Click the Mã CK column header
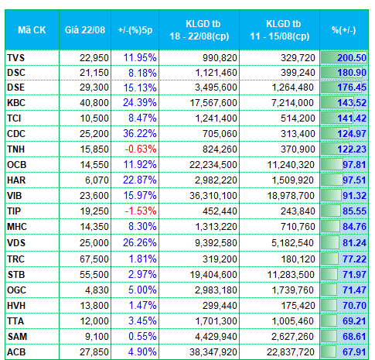pos(32,30)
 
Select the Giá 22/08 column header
pos(85,30)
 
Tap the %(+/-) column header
pos(344,30)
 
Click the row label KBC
pos(16,103)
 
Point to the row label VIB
pos(15,196)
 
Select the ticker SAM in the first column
pos(17,337)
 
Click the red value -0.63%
pos(141,149)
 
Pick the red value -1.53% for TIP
pos(141,211)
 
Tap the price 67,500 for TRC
pos(94,259)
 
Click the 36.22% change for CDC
pos(140,134)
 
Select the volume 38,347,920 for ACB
pos(213,352)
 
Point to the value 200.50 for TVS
pos(352,57)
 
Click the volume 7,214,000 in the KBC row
pos(292,103)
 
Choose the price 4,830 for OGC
pos(97,290)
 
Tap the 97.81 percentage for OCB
pos(354,165)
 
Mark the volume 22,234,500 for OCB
pos(213,165)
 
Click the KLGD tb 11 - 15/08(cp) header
pos(280,30)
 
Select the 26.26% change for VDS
pos(140,242)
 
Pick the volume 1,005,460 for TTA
pos(293,321)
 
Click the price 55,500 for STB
pos(94,275)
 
